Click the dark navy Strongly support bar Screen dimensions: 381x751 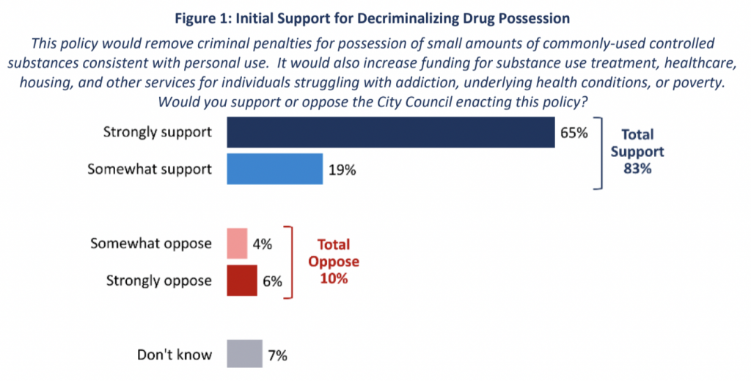391,133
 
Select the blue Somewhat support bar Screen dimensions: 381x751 275,169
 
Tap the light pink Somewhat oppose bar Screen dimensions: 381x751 237,244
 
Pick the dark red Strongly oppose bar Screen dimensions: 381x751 242,280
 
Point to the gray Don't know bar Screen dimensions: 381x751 244,355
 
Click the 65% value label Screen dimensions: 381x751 575,134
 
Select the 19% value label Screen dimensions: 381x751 342,170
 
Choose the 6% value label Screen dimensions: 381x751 271,280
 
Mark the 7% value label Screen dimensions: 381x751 277,355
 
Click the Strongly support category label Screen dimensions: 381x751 157,133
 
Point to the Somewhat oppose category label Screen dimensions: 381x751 151,243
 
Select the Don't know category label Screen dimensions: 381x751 175,355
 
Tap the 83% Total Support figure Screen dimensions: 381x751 637,168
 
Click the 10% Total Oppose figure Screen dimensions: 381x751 334,279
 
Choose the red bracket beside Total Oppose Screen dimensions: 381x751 290,262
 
